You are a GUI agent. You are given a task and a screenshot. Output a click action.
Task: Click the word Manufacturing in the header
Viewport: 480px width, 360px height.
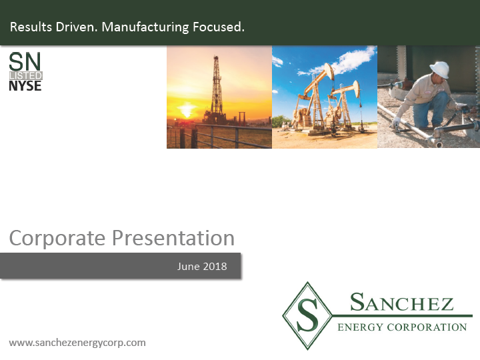tap(145, 27)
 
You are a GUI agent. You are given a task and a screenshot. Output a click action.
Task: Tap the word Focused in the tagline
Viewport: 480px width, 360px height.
tap(218, 27)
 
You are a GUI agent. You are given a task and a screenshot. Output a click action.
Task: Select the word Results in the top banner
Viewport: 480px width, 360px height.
tap(31, 27)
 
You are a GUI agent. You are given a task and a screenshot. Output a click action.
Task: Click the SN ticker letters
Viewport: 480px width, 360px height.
tap(25, 61)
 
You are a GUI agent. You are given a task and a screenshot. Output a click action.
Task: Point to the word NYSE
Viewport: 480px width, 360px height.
tap(25, 86)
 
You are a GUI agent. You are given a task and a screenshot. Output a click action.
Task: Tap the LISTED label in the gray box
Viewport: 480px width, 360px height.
tap(26, 75)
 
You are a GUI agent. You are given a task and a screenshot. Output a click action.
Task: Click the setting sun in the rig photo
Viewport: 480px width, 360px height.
tap(187, 110)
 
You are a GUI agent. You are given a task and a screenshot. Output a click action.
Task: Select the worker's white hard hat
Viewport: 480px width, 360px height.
tap(439, 69)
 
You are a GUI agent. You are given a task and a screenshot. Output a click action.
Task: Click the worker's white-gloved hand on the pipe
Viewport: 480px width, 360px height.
tap(396, 123)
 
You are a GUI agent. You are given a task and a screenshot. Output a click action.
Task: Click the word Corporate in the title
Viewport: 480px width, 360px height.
tap(57, 238)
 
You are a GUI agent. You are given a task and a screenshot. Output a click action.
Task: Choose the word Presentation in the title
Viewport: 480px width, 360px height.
tap(173, 238)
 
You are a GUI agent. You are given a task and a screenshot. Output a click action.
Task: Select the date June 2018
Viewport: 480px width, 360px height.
tap(202, 266)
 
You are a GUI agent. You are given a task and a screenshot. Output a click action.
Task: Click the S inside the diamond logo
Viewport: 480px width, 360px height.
tap(307, 315)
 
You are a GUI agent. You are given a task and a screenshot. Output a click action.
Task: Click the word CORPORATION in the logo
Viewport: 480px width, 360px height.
tap(427, 327)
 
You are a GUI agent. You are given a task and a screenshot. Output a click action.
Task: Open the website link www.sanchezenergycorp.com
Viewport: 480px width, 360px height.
tap(77, 343)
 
